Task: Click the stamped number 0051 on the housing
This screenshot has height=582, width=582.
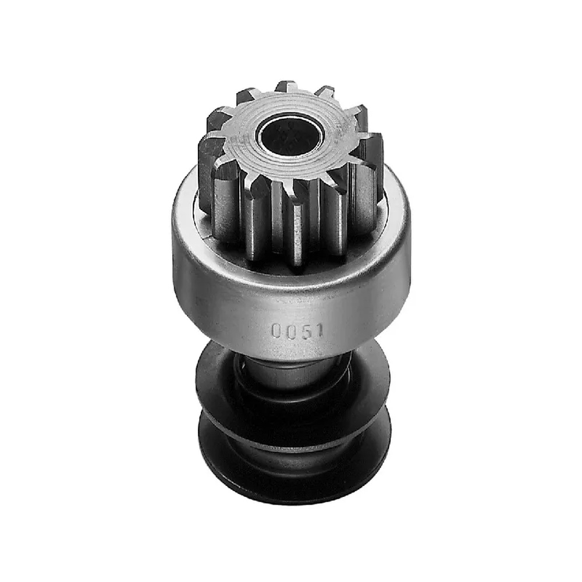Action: (297, 331)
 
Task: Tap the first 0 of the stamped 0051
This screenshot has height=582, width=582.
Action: (276, 331)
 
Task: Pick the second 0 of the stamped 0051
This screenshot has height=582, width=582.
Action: (290, 331)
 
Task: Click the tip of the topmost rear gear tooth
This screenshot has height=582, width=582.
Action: (286, 84)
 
